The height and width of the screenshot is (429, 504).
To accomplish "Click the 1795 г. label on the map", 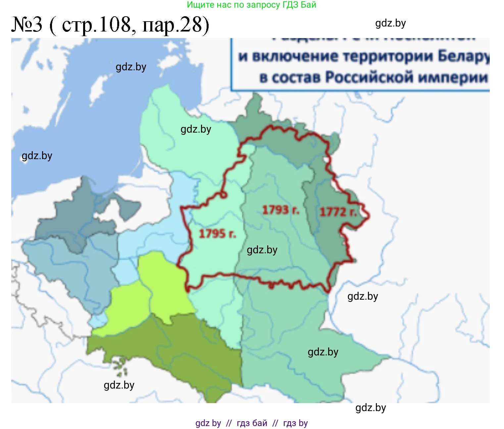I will [217, 234].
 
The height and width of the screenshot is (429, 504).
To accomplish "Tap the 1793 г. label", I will [280, 210].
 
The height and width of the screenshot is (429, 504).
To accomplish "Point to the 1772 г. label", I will [338, 212].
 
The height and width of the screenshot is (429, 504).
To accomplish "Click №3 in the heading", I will [27, 25].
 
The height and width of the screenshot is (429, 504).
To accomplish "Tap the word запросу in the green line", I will [264, 5].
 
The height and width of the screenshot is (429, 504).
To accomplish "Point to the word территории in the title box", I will [388, 56].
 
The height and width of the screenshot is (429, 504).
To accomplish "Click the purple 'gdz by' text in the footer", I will [208, 423].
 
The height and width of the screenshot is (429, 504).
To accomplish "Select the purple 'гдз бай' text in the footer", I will [252, 423].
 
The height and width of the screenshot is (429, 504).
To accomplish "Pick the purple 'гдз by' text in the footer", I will [295, 423].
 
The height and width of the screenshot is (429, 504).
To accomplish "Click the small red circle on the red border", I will [224, 195].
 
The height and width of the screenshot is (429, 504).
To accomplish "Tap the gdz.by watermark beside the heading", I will [390, 23].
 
